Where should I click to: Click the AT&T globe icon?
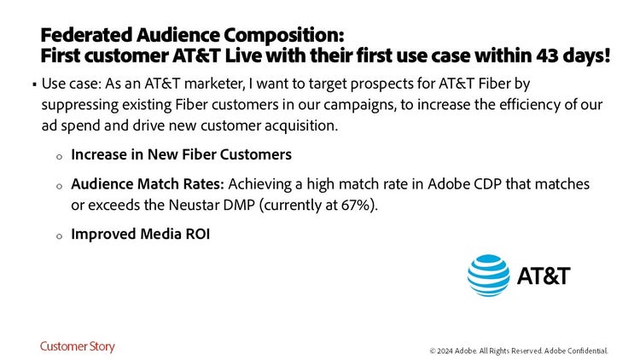489,276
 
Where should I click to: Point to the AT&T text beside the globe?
544,276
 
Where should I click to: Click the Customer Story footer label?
78,347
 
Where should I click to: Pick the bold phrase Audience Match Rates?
148,184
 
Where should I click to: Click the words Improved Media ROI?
141,235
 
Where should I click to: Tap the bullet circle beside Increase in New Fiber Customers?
59,157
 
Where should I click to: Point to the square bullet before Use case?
35,84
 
